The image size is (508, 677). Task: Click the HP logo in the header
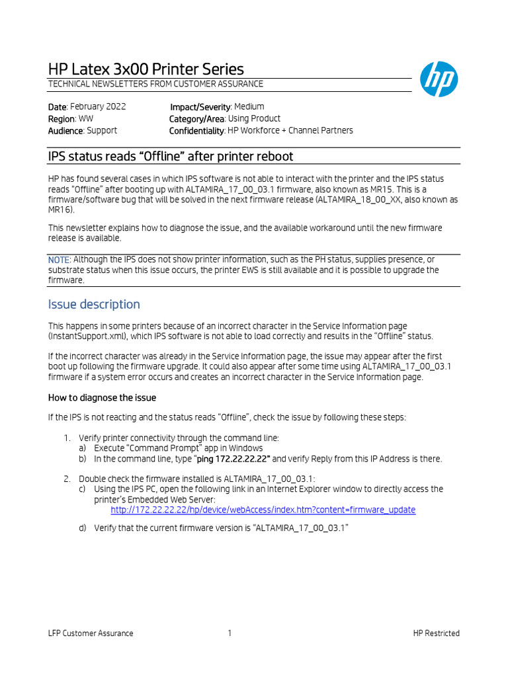tap(439, 79)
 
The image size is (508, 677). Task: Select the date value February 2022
tap(98, 106)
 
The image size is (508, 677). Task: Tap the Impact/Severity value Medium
tap(249, 106)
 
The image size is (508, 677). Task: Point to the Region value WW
tap(86, 118)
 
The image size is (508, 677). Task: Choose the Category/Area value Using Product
tap(254, 118)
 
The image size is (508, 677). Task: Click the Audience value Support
tap(102, 130)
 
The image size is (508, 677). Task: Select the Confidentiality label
tap(197, 130)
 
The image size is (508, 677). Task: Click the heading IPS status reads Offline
tap(171, 156)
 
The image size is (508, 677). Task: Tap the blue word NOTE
tap(58, 259)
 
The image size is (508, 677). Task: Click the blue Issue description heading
tap(94, 304)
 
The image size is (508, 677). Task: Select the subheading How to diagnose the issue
tap(102, 397)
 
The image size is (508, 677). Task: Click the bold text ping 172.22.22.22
tap(233, 459)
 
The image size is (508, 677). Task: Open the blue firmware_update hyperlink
tap(263, 510)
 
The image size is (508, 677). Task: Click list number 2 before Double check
tap(67, 478)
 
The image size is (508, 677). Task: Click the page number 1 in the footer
tap(230, 633)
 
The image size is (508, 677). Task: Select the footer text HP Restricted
tap(436, 633)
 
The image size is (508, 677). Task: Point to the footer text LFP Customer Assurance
tap(91, 633)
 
